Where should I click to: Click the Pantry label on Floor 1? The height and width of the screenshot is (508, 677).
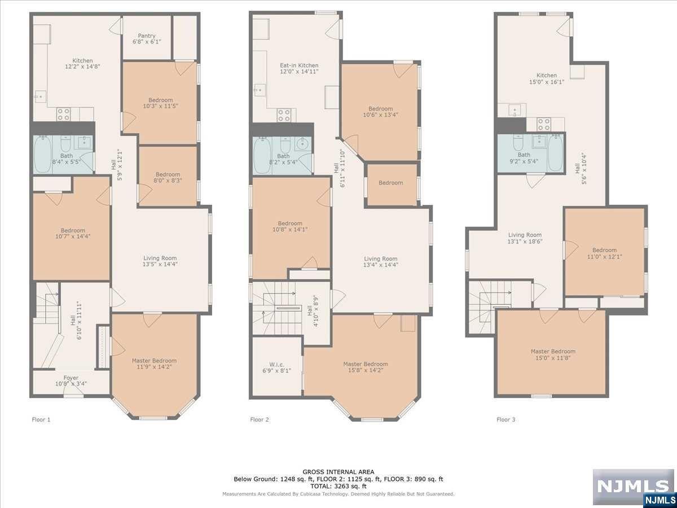[147, 36]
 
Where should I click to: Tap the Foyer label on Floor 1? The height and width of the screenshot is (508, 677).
[71, 378]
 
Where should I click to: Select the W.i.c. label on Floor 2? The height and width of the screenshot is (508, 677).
[276, 365]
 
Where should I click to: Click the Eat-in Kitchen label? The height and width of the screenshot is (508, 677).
[299, 65]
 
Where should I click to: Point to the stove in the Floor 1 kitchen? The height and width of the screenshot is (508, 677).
[63, 114]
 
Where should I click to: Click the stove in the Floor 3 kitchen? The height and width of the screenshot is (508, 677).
[543, 124]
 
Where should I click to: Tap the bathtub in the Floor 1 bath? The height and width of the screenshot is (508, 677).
[42, 155]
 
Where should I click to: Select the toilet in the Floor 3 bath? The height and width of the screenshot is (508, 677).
[518, 142]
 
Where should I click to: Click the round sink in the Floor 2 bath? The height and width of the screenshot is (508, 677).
[303, 143]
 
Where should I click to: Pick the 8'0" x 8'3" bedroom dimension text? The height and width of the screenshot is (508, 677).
[168, 181]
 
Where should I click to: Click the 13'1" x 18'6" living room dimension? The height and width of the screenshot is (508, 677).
[525, 242]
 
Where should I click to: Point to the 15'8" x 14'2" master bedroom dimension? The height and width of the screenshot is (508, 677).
[366, 370]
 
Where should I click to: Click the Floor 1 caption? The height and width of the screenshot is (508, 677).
[41, 419]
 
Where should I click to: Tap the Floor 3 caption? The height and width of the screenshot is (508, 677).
[506, 419]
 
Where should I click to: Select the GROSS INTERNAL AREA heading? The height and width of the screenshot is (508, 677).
[338, 472]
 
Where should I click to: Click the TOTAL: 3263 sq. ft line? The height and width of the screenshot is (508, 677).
[338, 486]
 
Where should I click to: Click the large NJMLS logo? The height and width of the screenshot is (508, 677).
[633, 487]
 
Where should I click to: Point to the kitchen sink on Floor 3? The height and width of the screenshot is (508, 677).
[515, 110]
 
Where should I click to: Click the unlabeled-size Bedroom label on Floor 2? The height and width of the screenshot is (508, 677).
[391, 182]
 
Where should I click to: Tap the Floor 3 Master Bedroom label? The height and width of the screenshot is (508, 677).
[553, 351]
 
